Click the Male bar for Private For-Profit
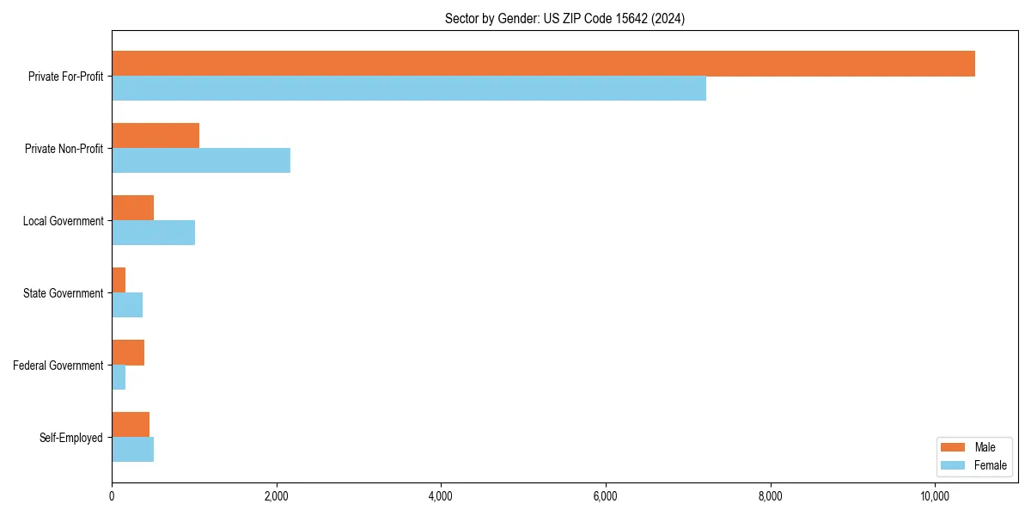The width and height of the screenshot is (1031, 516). coord(543,64)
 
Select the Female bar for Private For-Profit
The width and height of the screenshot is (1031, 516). coord(409,89)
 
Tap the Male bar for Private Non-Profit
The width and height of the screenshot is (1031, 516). coord(156,136)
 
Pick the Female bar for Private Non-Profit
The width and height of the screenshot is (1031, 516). coord(201,161)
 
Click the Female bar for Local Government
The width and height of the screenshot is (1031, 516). coord(153,233)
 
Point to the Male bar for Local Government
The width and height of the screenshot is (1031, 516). coord(132,208)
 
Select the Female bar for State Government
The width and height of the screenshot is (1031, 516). coord(127,305)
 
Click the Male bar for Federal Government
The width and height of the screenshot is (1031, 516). coord(128,353)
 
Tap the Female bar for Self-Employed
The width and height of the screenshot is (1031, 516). coord(132,450)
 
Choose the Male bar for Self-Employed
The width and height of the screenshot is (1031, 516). coord(131,425)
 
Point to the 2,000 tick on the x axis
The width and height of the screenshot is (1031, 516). coord(276,496)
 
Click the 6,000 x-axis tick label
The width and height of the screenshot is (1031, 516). coord(606,496)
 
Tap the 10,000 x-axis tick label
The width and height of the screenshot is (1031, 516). coord(935,496)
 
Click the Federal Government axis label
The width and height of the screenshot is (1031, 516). coord(58,365)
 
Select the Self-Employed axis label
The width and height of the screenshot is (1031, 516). coord(71,438)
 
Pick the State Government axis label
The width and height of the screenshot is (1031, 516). coord(63,293)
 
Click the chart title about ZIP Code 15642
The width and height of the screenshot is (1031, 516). coord(564,19)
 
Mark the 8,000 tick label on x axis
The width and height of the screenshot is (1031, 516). coord(771,496)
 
